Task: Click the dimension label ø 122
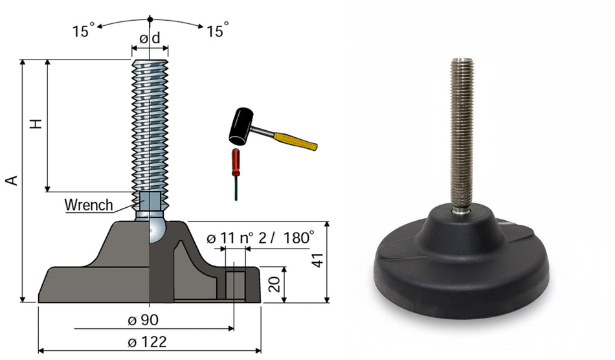pyautogui.click(x=147, y=342)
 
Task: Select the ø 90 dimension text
pyautogui.click(x=143, y=320)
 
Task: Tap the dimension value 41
pyautogui.click(x=318, y=260)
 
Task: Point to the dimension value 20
pyautogui.click(x=276, y=284)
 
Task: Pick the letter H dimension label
pyautogui.click(x=36, y=124)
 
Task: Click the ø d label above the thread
pyautogui.click(x=150, y=38)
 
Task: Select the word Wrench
pyautogui.click(x=89, y=205)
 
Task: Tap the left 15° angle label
pyautogui.click(x=83, y=30)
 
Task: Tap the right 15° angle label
pyautogui.click(x=218, y=30)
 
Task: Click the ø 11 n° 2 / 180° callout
pyautogui.click(x=260, y=238)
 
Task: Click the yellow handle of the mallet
pyautogui.click(x=295, y=142)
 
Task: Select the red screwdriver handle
pyautogui.click(x=236, y=163)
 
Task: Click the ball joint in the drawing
pyautogui.click(x=157, y=231)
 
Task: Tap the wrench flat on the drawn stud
pyautogui.click(x=150, y=201)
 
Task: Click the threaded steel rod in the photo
pyautogui.click(x=462, y=133)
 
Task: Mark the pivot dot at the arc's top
pyautogui.click(x=150, y=19)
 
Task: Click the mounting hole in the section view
pyautogui.click(x=235, y=285)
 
